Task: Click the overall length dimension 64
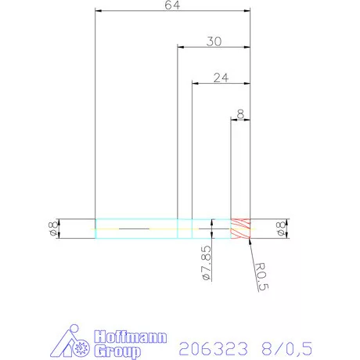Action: pyautogui.click(x=171, y=6)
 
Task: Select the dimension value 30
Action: pyautogui.click(x=213, y=41)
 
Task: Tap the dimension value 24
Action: pyautogui.click(x=221, y=77)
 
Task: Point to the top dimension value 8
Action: pyautogui.click(x=240, y=113)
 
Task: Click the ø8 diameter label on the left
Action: pyautogui.click(x=52, y=229)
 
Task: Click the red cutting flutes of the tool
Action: pyautogui.click(x=239, y=228)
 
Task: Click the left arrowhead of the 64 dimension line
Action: pyautogui.click(x=98, y=12)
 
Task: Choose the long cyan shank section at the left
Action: pyautogui.click(x=136, y=229)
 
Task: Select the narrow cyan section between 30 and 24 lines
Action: pyautogui.click(x=185, y=229)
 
